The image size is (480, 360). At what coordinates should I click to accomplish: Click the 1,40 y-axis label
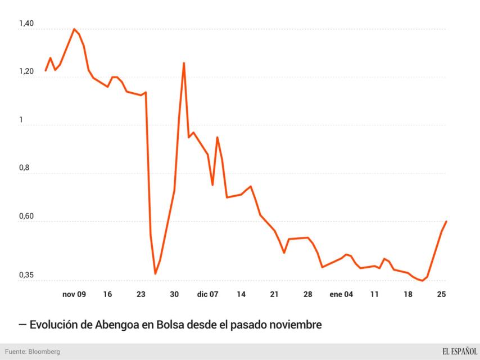pos(26,24)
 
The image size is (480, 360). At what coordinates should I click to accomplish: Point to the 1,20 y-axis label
pos(26,73)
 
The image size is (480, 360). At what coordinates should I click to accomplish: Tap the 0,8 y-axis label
pos(25,168)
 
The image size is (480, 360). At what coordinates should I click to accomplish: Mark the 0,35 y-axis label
pos(26,275)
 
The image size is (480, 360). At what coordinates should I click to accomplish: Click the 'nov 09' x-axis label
pos(74,294)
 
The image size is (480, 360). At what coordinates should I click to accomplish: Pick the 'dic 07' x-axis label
pos(207,294)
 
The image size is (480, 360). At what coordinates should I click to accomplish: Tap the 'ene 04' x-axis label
pos(341,294)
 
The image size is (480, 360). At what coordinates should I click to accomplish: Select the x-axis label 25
pos(441,294)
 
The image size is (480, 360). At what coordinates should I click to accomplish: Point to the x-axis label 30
pos(174,294)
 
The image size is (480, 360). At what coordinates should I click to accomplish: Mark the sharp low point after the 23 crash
pos(155,274)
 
